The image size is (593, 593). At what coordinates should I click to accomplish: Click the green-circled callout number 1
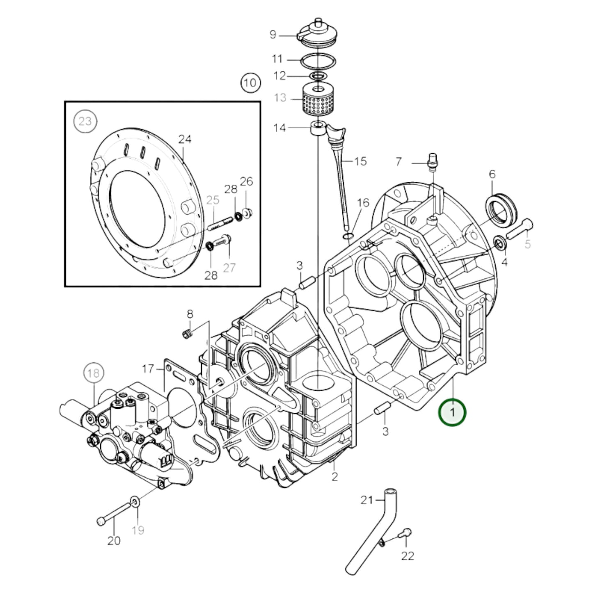point(452,412)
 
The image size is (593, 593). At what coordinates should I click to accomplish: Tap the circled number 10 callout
point(250,83)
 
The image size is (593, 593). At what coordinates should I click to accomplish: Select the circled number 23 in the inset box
point(85,121)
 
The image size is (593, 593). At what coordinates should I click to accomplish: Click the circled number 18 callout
point(94,373)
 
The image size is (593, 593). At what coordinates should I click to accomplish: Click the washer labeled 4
point(500,243)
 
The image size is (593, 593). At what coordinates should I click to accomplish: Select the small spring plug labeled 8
point(187,334)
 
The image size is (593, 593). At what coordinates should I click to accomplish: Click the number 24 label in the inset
point(185,140)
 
